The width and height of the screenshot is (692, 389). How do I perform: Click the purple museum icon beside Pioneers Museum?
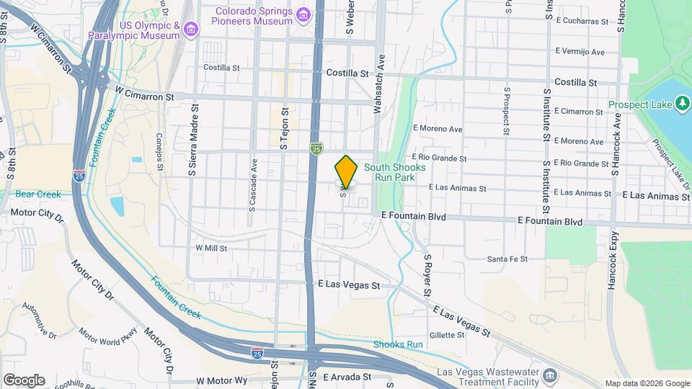pyautogui.click(x=304, y=15)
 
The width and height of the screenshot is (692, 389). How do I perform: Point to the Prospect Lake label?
pyautogui.click(x=639, y=104)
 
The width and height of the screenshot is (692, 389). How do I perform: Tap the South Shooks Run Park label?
pyautogui.click(x=394, y=172)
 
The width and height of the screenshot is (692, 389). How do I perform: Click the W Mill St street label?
pyautogui.click(x=211, y=248)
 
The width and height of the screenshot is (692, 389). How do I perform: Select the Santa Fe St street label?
pyautogui.click(x=507, y=259)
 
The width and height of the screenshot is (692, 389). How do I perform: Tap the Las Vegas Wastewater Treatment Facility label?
pyautogui.click(x=487, y=377)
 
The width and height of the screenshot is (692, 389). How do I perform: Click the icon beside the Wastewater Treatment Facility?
pyautogui.click(x=549, y=376)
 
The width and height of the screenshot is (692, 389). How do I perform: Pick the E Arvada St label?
pyautogui.click(x=347, y=377)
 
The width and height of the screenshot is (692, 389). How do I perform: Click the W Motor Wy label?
pyautogui.click(x=221, y=380)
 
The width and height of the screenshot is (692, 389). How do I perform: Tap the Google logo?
pyautogui.click(x=24, y=380)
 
